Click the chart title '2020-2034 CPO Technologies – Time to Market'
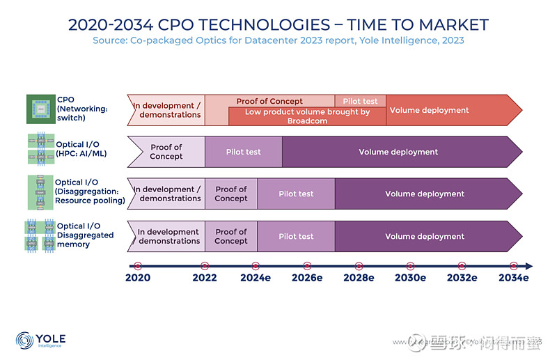pos(278,25)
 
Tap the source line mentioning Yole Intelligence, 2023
pos(278,40)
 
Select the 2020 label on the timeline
pos(137,278)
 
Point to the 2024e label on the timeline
pos(256,278)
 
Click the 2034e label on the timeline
pos(512,278)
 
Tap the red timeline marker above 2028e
pos(359,266)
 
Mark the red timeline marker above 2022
pos(205,266)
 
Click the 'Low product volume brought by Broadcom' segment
pos(307,116)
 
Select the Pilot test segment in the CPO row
pos(360,101)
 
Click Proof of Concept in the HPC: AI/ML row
pos(166,152)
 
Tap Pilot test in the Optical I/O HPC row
pos(243,152)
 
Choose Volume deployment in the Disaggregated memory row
pos(425,236)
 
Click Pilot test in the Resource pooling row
pos(296,194)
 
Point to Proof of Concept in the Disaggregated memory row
pos(231,236)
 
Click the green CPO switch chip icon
pos(40,109)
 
